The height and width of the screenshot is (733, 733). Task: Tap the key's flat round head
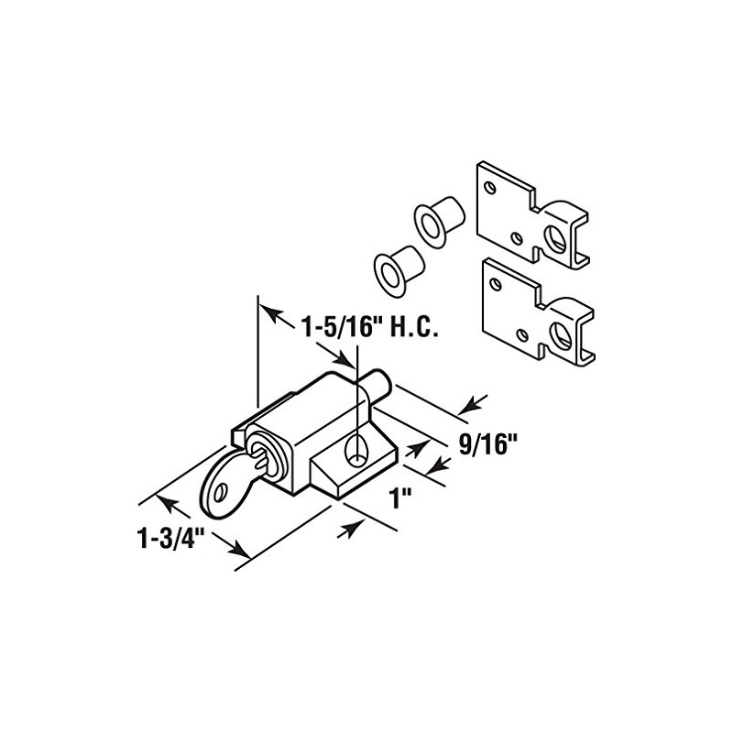224,478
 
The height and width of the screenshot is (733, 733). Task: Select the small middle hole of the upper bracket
519,238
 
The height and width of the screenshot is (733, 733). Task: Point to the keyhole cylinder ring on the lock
261,454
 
